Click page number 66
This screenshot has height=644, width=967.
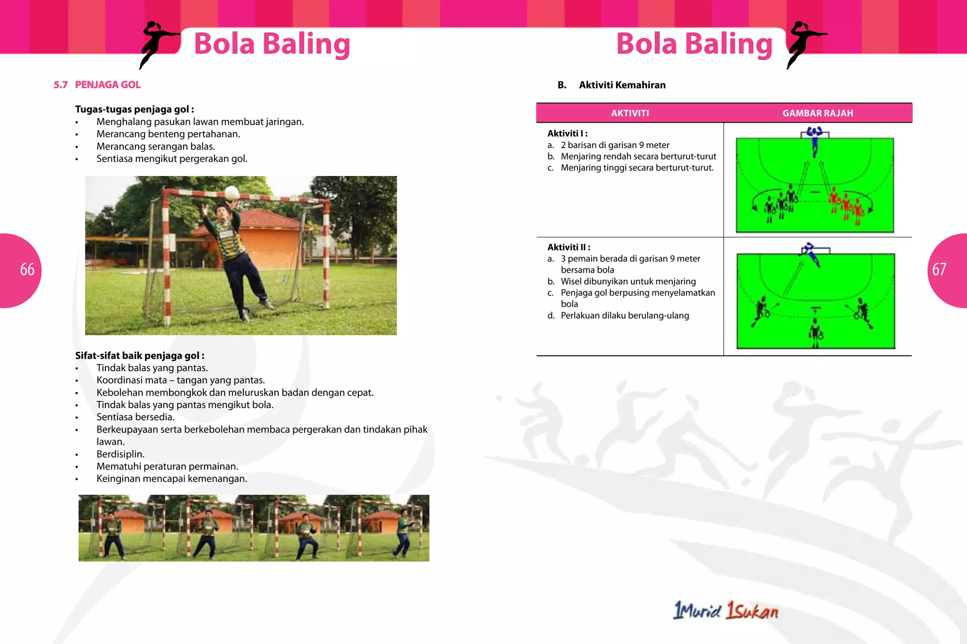coord(27,269)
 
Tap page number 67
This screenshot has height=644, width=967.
coord(939,269)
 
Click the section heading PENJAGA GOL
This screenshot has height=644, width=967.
coord(108,85)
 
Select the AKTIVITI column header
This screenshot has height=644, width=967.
coord(630,113)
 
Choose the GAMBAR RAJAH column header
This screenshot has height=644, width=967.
coord(817,113)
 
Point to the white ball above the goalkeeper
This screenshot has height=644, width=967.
coord(232,193)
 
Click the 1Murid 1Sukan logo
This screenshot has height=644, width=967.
coord(726,611)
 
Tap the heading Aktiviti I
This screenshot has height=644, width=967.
coord(567,134)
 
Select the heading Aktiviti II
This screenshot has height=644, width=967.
coord(568,247)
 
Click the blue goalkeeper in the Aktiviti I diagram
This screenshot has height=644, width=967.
coord(814,142)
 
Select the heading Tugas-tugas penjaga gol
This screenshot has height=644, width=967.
coord(135,109)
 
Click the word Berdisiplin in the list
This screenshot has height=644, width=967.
coord(120,454)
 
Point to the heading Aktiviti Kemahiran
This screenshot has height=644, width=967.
coord(622,85)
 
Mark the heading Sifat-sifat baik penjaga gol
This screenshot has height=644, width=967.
coord(140,356)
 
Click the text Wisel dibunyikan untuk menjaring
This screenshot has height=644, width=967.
coord(628,282)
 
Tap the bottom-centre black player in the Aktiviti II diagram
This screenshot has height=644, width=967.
coord(815,331)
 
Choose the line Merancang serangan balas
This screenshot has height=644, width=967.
coord(156,147)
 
